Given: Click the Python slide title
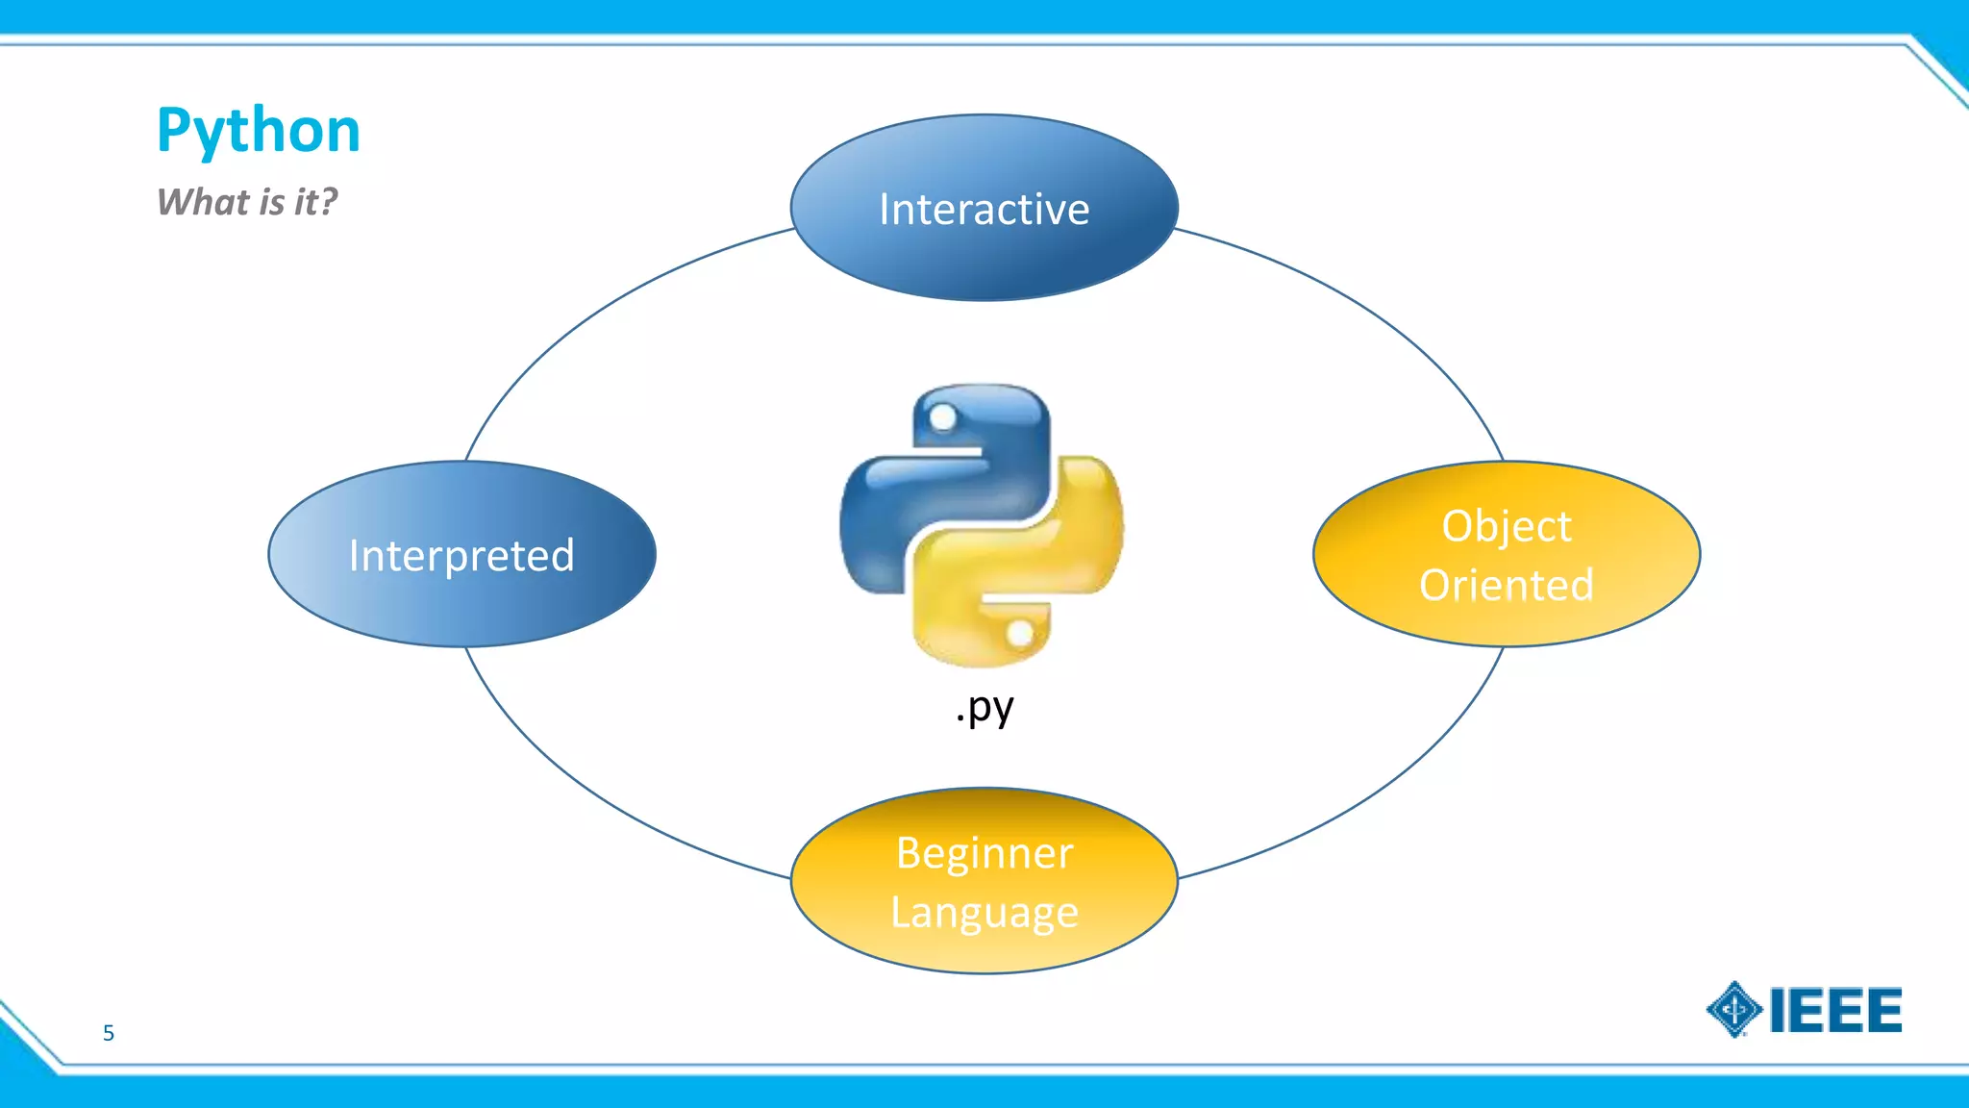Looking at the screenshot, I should [258, 131].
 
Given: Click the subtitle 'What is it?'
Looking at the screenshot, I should [247, 202].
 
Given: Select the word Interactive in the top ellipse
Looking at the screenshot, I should [984, 210].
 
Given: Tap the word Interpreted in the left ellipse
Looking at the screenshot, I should [461, 555].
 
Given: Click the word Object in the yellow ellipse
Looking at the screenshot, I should [1506, 526].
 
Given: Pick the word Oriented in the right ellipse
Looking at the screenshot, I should [1506, 585].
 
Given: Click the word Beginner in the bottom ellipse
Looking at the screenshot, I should [984, 853].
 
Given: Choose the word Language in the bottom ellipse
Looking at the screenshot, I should [984, 912].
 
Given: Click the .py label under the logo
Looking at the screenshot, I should [984, 708].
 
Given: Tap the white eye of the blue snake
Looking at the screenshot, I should [943, 417].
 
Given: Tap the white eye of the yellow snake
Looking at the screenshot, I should [1020, 634].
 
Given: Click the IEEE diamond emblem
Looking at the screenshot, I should [1733, 1010].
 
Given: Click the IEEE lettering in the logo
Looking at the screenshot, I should [1834, 1010].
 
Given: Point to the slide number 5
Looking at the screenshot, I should [109, 1033].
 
